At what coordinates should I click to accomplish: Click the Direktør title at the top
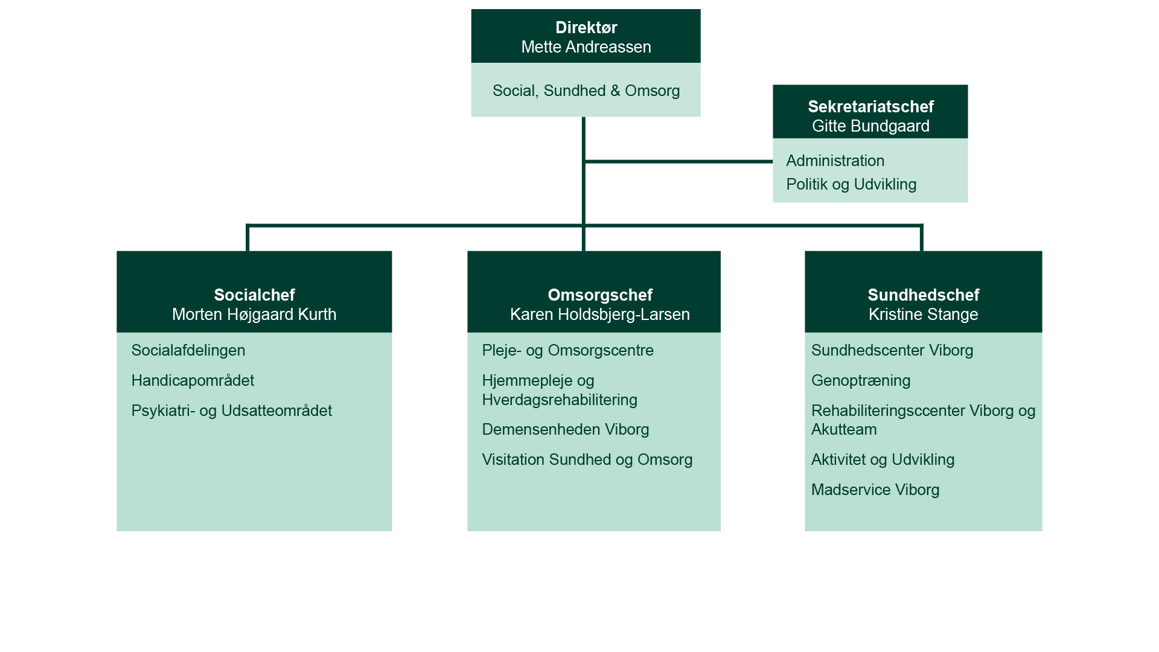586,28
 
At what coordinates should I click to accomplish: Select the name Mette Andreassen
586,47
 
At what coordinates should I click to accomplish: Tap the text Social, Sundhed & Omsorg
586,91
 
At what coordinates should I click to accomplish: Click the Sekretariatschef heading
870,107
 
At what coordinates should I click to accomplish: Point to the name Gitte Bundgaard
870,126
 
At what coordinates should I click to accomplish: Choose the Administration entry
835,161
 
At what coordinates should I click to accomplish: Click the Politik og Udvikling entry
851,184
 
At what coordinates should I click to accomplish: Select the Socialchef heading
254,295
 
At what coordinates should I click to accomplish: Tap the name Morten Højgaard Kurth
254,315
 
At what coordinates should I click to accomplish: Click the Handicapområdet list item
193,380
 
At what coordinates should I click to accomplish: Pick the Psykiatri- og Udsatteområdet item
231,411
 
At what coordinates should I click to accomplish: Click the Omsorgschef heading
599,295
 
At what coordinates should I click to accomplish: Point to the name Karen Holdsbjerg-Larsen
599,315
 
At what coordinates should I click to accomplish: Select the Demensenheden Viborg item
565,429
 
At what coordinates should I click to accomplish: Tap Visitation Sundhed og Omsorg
587,459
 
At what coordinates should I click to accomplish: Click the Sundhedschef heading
923,295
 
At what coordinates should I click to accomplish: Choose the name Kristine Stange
923,315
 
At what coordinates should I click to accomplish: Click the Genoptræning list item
860,380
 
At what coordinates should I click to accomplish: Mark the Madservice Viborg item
875,490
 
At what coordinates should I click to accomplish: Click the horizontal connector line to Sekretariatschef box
679,162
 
